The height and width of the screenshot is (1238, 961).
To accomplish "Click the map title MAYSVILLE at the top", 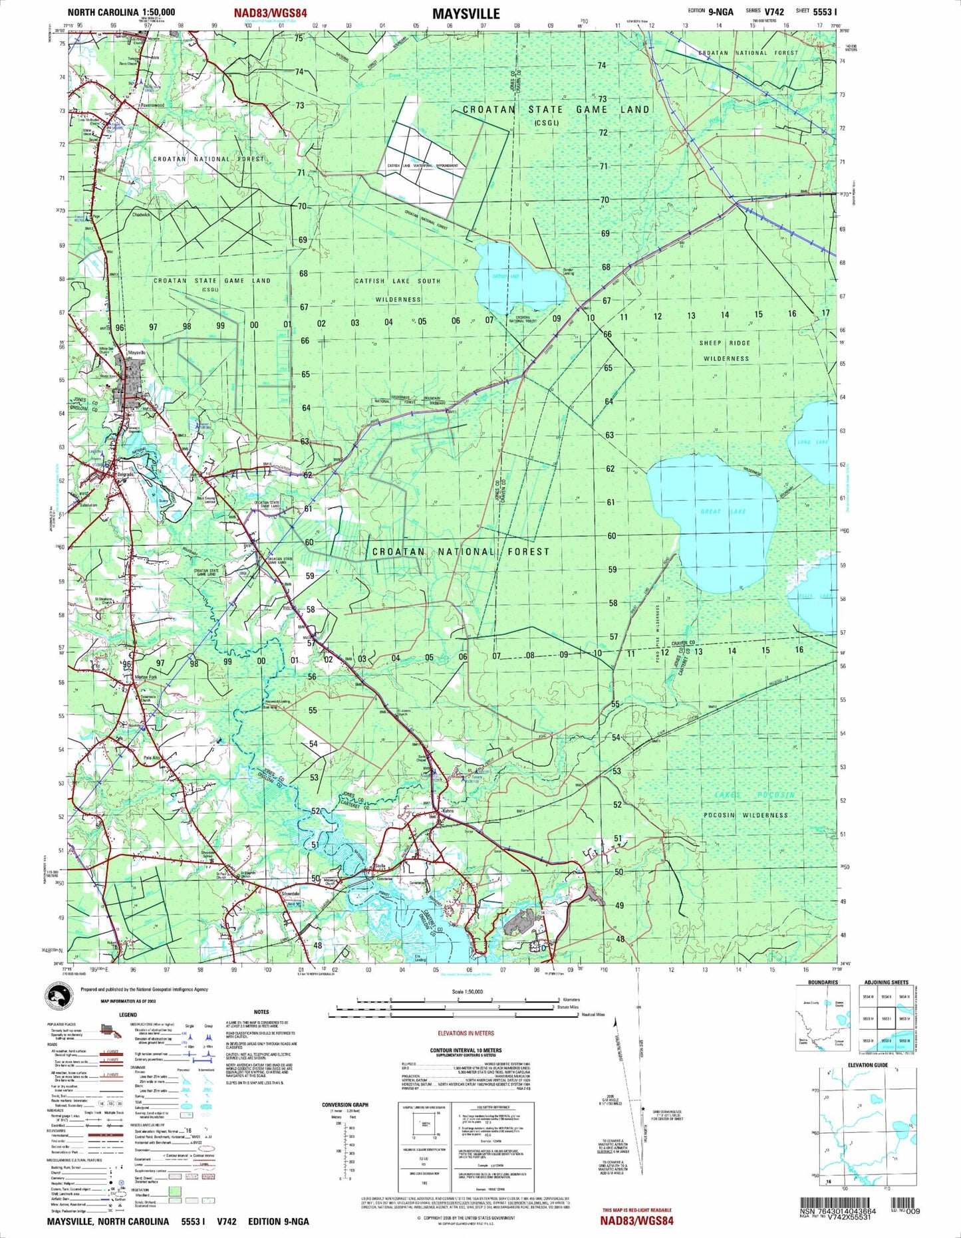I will point(466,13).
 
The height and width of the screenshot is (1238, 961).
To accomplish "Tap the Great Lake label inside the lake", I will point(724,511).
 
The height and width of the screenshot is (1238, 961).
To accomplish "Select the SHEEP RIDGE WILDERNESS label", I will point(725,351).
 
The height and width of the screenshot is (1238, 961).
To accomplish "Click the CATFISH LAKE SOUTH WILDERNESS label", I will point(398,290).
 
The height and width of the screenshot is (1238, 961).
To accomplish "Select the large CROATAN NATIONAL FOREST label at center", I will point(461,552).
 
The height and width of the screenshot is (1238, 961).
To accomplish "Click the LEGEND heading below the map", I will point(128,1015).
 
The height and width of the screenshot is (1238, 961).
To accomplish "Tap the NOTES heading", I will point(261,1012).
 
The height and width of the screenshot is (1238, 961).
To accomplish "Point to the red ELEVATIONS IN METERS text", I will point(466,1033).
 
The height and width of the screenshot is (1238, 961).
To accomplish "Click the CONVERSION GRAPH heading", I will point(344,1105).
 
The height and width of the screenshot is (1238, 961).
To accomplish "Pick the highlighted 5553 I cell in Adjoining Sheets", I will point(885,1019).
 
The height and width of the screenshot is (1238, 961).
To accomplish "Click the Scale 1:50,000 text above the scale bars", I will point(468,991).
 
